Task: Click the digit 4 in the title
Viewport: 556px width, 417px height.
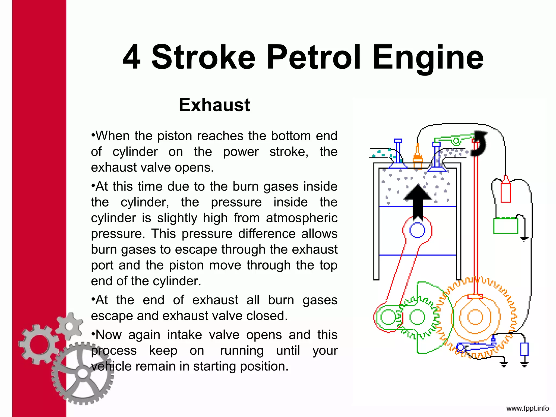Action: tap(132, 58)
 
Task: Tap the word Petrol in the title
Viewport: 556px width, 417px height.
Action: tap(314, 58)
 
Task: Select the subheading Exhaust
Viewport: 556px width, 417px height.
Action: tap(214, 105)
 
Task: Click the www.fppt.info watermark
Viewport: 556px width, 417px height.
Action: tap(527, 408)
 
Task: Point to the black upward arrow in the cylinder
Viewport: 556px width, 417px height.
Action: tap(418, 201)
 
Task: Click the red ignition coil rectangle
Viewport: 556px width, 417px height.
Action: tap(506, 192)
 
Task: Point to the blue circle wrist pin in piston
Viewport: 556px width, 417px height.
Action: tap(417, 230)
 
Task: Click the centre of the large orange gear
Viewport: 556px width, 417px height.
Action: tap(475, 317)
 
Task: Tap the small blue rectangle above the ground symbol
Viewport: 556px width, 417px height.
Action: tap(524, 349)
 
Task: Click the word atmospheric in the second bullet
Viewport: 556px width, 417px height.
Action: tap(302, 218)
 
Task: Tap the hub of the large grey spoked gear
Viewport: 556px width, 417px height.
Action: tap(83, 374)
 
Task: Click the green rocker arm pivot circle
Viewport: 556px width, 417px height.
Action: tap(456, 141)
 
